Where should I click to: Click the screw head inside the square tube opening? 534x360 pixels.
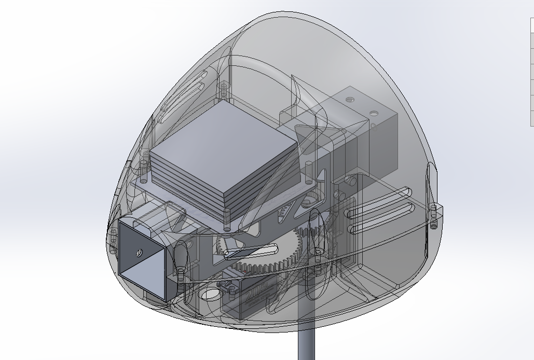click(138, 253)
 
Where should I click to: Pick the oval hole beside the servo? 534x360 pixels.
click(210, 295)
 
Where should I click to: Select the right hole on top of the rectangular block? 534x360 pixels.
click(373, 112)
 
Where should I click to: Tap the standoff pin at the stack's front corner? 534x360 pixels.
click(227, 218)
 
